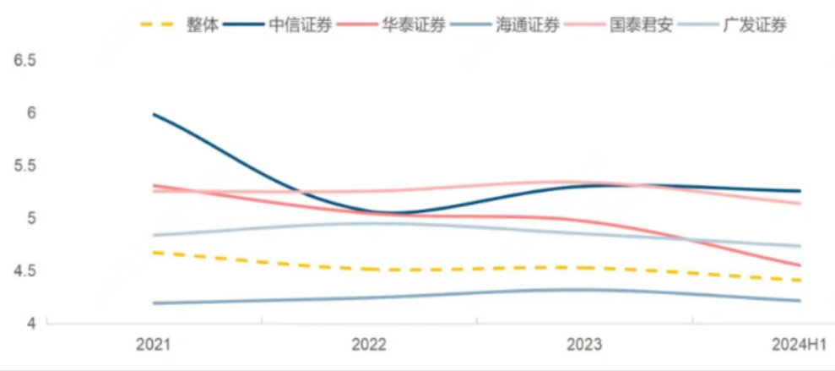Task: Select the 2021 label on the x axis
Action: [x=154, y=345]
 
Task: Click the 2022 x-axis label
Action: [x=369, y=345]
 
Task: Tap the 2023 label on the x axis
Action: [x=584, y=345]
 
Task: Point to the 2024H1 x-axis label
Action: [x=799, y=345]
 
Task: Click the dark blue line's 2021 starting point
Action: [x=154, y=114]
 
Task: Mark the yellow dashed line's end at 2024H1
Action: [x=800, y=280]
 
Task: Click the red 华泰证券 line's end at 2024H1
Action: [x=800, y=265]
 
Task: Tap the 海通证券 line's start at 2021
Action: [x=154, y=303]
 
